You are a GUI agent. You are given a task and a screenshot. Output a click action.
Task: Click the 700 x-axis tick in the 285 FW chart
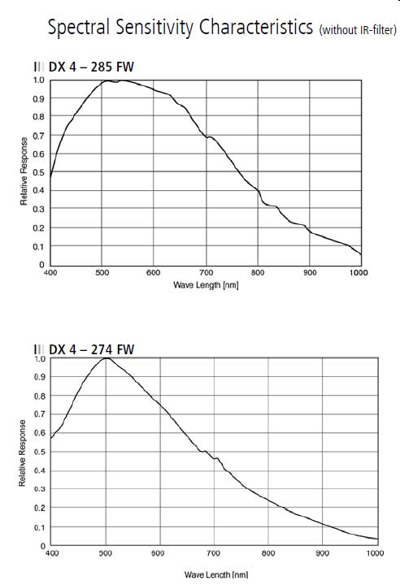coord(206,274)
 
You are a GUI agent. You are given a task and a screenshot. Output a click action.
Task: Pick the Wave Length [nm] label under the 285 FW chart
coord(206,285)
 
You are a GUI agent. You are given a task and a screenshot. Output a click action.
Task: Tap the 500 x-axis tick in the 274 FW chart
coord(106,555)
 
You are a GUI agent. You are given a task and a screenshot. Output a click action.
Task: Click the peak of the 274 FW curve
coord(106,359)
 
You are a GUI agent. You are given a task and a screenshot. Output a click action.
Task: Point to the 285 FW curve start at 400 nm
coord(51,175)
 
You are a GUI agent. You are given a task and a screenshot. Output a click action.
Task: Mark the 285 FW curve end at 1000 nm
coord(361,254)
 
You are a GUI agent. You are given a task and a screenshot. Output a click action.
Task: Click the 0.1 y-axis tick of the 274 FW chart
coord(39,527)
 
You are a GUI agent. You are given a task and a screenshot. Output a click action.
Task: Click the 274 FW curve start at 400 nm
coord(51,439)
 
